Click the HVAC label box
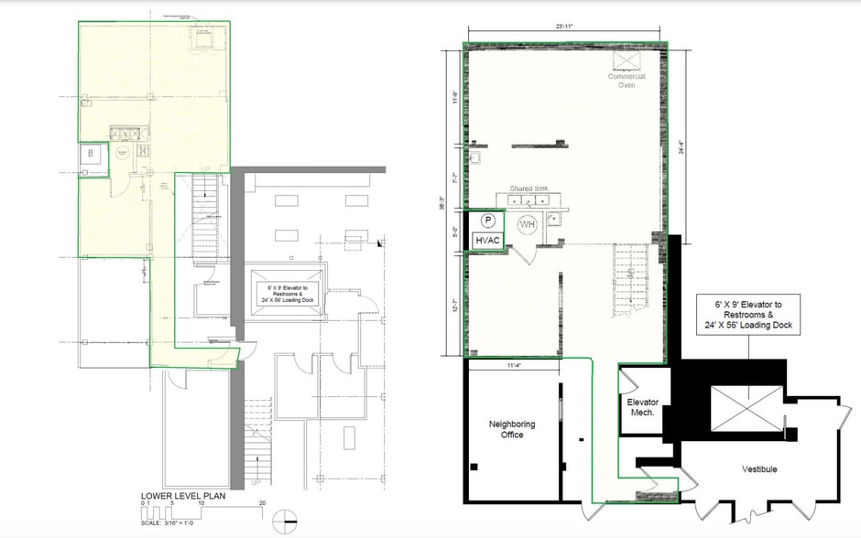tap(486, 240)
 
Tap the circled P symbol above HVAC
tap(488, 221)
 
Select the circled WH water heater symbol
tap(528, 224)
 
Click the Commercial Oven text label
tap(627, 81)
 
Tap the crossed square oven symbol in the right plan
tap(628, 59)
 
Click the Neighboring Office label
tap(512, 429)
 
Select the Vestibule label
tap(759, 468)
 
